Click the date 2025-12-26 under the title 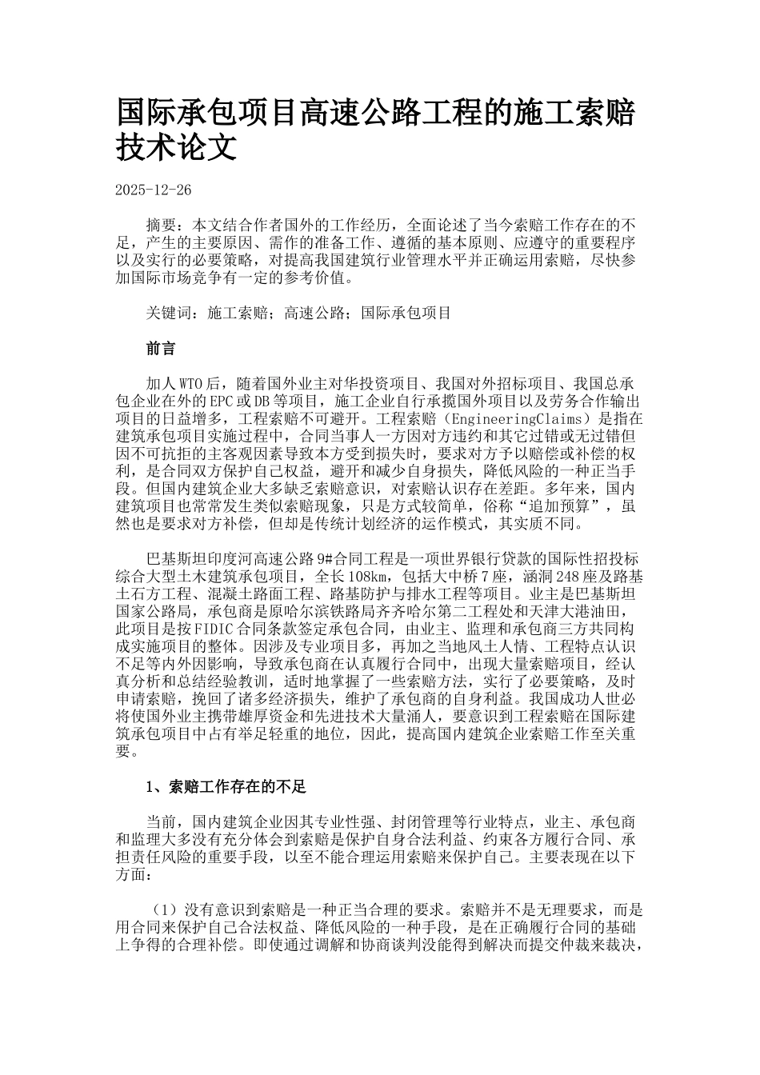coord(154,190)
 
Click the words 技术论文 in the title coord(177,147)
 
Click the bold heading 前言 coord(161,350)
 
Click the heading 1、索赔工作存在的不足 coord(226,787)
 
